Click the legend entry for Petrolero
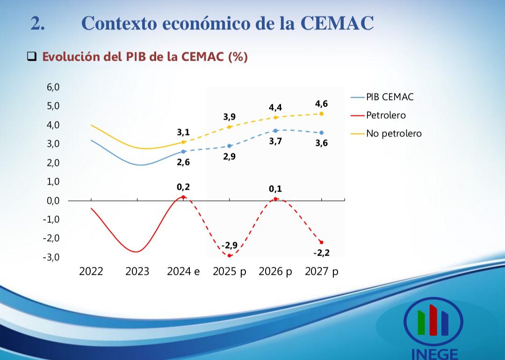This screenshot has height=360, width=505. click(386, 115)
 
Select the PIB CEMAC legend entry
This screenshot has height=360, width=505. click(390, 97)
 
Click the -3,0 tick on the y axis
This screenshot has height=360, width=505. click(51, 257)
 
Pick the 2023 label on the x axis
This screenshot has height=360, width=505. click(137, 272)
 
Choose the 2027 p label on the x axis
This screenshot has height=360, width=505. click(321, 272)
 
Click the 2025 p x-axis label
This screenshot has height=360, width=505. click(229, 272)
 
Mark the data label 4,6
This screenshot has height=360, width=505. click(321, 104)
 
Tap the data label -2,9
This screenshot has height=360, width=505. click(230, 245)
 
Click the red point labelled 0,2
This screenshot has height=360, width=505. click(183, 197)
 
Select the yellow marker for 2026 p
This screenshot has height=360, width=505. click(275, 117)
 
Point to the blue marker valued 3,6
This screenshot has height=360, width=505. click(321, 133)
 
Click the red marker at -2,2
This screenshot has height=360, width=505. click(321, 242)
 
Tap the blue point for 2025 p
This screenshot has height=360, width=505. click(229, 146)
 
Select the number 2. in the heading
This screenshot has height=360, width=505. click(38, 23)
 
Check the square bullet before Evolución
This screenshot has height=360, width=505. click(32, 57)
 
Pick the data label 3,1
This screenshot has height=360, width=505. click(183, 132)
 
